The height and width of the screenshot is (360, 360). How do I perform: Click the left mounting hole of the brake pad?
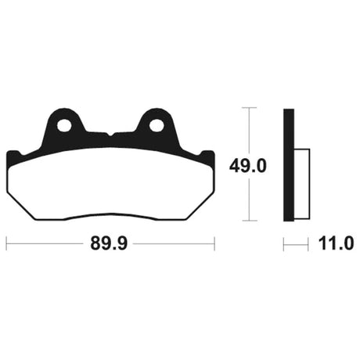pyautogui.click(x=64, y=126)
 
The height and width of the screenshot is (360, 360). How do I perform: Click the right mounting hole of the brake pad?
pyautogui.click(x=157, y=125)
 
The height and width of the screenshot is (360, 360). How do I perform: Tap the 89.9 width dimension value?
pyautogui.click(x=109, y=243)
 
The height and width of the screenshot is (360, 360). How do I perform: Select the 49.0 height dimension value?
pyautogui.click(x=248, y=166)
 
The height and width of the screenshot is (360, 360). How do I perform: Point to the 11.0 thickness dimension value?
pyautogui.click(x=336, y=243)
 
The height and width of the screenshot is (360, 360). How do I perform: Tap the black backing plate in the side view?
pyautogui.click(x=289, y=165)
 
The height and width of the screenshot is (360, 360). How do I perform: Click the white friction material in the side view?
pyautogui.click(x=302, y=184)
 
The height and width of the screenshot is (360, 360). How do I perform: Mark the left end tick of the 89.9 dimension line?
pyautogui.click(x=6, y=243)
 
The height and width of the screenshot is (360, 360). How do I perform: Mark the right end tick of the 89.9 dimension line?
pyautogui.click(x=214, y=243)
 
